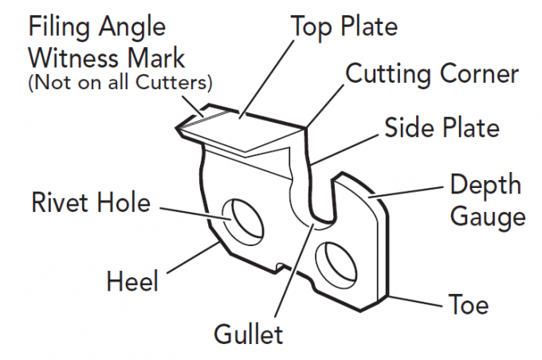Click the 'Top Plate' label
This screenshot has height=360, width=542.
pos(344,26)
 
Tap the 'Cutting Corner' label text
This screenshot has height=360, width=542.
pos(431,74)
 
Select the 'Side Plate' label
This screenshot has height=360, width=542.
pos(442,127)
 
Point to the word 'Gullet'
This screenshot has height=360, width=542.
pos(247,333)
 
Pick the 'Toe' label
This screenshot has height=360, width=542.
pos(469,305)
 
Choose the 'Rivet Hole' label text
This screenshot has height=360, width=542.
pos(90,202)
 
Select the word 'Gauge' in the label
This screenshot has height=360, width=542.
pos(487,217)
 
